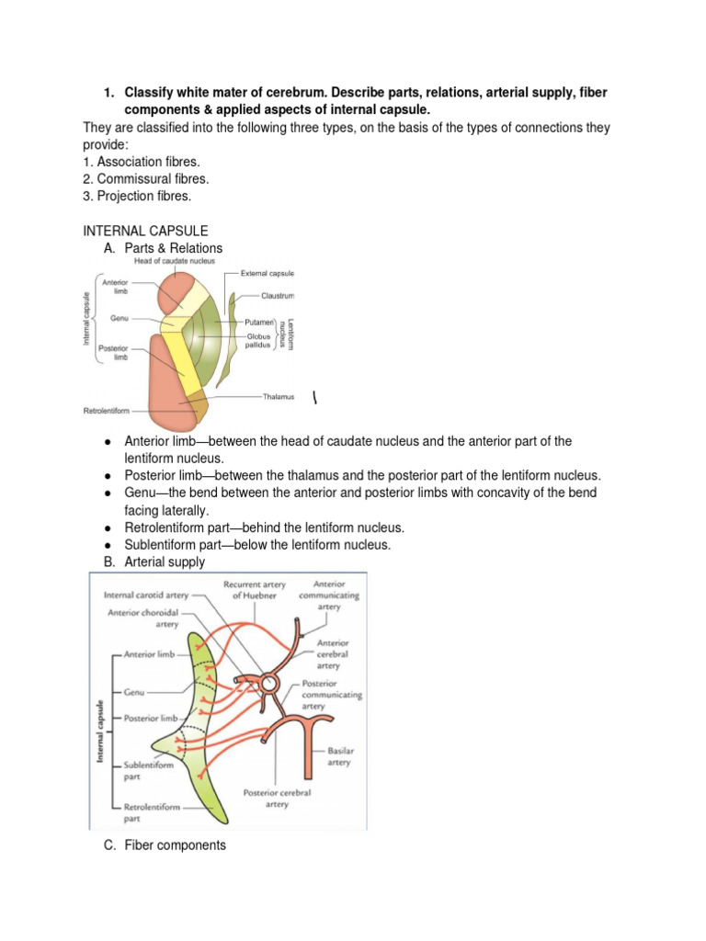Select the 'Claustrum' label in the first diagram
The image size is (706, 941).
(276, 297)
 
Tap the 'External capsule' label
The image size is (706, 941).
(268, 274)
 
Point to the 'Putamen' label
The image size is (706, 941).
(260, 323)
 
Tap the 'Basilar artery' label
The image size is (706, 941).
(339, 756)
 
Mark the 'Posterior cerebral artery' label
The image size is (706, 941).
(277, 798)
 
